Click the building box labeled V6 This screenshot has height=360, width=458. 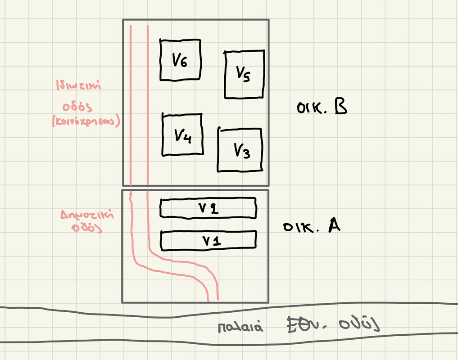point(181,60)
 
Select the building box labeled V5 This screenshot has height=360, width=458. point(244,75)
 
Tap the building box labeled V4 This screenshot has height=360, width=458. point(182,135)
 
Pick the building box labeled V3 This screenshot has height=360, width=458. point(240,150)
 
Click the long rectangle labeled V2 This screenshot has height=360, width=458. point(208,208)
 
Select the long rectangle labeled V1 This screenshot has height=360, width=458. point(208,240)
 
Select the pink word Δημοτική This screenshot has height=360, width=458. point(87,215)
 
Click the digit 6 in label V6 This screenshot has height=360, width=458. point(183,61)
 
